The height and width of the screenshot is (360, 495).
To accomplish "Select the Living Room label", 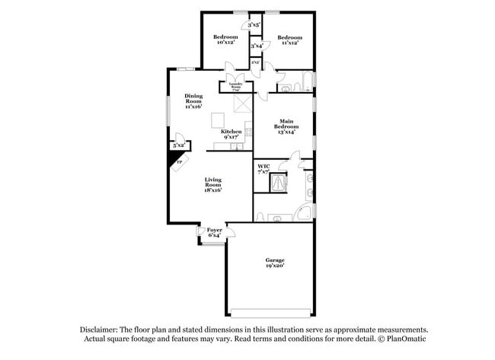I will point(212,183).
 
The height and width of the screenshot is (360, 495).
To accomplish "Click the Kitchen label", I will point(232,135).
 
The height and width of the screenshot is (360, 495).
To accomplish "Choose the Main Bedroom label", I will point(286,127).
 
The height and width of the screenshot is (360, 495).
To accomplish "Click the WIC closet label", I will point(263,169).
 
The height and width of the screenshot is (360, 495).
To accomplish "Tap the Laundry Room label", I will point(241,86).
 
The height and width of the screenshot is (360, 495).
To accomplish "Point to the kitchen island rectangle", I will point(219,119).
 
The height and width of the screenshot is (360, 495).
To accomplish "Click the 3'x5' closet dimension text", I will point(254,25).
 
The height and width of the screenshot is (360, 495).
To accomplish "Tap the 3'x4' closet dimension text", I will point(257,46).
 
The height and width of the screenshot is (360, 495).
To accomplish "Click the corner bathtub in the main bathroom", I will point(304,212).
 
